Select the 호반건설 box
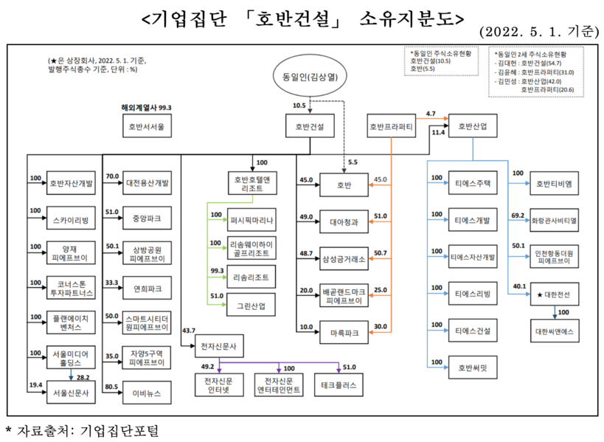click(310, 126)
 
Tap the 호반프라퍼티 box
click(391, 126)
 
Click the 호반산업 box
click(473, 126)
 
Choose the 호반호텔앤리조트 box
click(253, 183)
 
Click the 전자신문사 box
click(218, 346)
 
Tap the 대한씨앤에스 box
click(554, 331)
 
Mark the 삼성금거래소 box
click(344, 258)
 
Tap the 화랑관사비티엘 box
click(554, 219)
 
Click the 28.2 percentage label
click(83, 377)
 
